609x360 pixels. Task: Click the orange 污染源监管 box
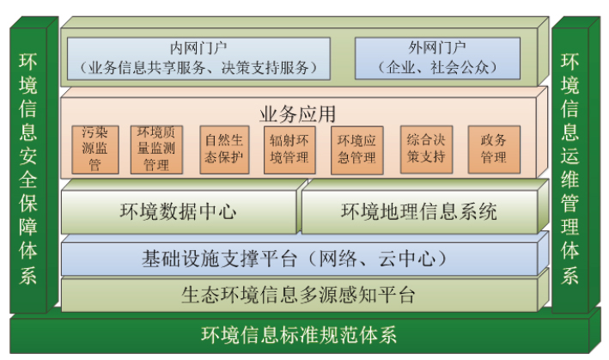(94, 149)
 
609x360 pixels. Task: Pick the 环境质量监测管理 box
(156, 149)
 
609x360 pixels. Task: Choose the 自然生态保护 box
(222, 149)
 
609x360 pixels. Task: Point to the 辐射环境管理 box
(289, 149)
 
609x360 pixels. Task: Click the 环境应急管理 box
(356, 149)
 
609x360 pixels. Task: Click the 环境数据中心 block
(178, 211)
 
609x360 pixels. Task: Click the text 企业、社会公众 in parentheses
(438, 65)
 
